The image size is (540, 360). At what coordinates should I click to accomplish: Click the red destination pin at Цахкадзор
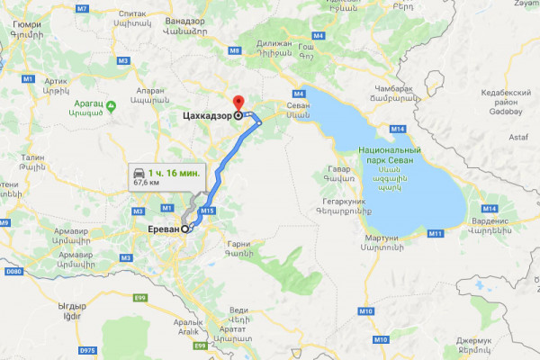click(238, 103)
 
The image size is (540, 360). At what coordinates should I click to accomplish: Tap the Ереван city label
click(164, 229)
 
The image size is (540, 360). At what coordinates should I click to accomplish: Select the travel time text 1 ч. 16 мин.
click(177, 172)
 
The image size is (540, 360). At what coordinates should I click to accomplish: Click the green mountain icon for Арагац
click(111, 107)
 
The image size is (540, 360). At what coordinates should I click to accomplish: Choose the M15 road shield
click(208, 211)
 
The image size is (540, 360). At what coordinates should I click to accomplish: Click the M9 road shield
click(234, 51)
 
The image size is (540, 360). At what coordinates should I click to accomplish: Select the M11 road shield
click(436, 233)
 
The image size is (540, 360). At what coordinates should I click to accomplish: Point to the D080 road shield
click(12, 270)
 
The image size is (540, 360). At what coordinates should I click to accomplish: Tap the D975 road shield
click(86, 349)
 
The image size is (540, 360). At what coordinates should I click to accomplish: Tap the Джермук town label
click(475, 340)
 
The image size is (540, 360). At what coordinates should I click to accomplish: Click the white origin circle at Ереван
click(186, 229)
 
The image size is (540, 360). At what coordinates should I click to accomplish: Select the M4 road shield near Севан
click(299, 94)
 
